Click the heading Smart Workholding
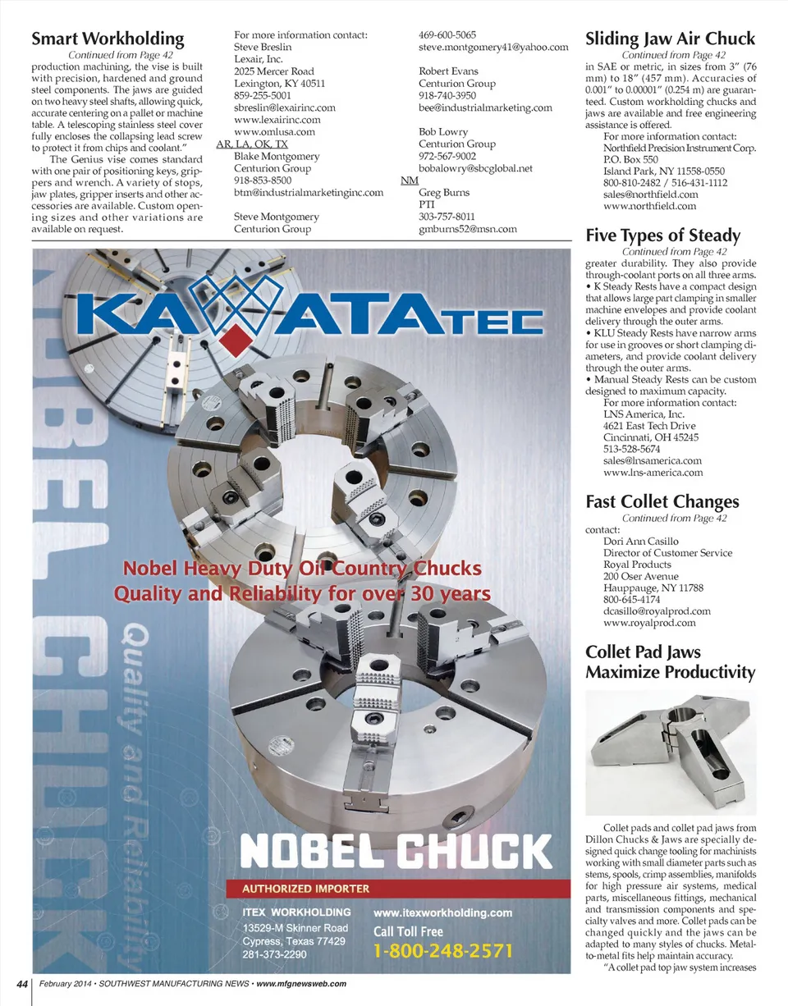(x=107, y=39)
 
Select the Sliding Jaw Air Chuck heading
(x=670, y=39)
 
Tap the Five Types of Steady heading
(x=662, y=236)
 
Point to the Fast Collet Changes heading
(x=662, y=501)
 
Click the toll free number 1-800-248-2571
(x=443, y=951)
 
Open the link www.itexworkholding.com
(x=443, y=912)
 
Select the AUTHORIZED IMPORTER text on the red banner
(x=305, y=888)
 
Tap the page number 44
(x=18, y=983)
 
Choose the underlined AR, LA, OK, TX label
(x=252, y=144)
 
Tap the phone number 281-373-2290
(x=274, y=955)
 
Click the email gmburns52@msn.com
(x=467, y=229)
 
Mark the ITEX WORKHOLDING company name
(x=296, y=912)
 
